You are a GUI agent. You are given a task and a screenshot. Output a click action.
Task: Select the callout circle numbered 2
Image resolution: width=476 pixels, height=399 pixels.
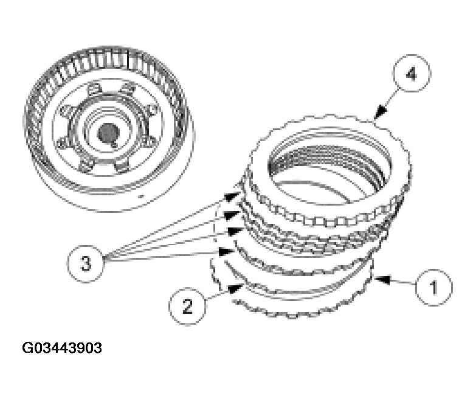(x=187, y=305)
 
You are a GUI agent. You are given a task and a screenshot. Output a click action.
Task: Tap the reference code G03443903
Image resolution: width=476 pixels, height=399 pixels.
(x=61, y=349)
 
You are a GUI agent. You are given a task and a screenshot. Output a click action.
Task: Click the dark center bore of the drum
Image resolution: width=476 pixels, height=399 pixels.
(x=108, y=132)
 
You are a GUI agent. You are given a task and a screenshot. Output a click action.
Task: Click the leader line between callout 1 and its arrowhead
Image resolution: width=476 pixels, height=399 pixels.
(x=398, y=282)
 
